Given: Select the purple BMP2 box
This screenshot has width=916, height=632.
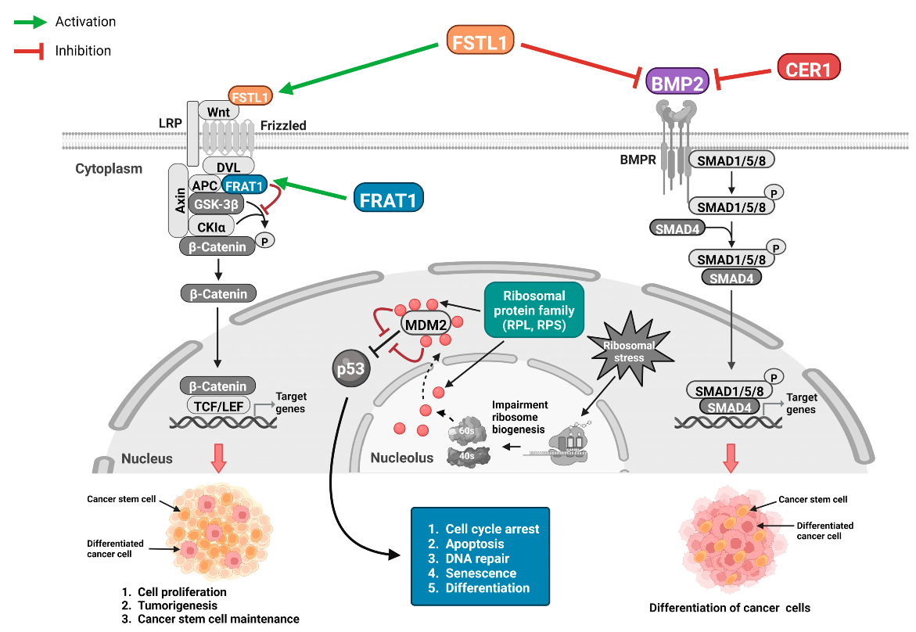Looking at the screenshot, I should (677, 80).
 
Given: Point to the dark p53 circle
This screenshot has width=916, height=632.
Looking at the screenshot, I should (350, 368).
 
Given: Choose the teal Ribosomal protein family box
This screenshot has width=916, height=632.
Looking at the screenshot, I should (534, 310).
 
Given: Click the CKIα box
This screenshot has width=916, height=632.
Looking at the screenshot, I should (212, 226).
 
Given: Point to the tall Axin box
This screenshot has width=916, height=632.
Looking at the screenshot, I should (178, 200).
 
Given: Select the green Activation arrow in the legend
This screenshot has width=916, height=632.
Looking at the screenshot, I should (31, 22).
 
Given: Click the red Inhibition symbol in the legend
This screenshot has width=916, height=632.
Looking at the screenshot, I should (31, 51).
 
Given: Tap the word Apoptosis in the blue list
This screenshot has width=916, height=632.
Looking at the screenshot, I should (475, 544).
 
